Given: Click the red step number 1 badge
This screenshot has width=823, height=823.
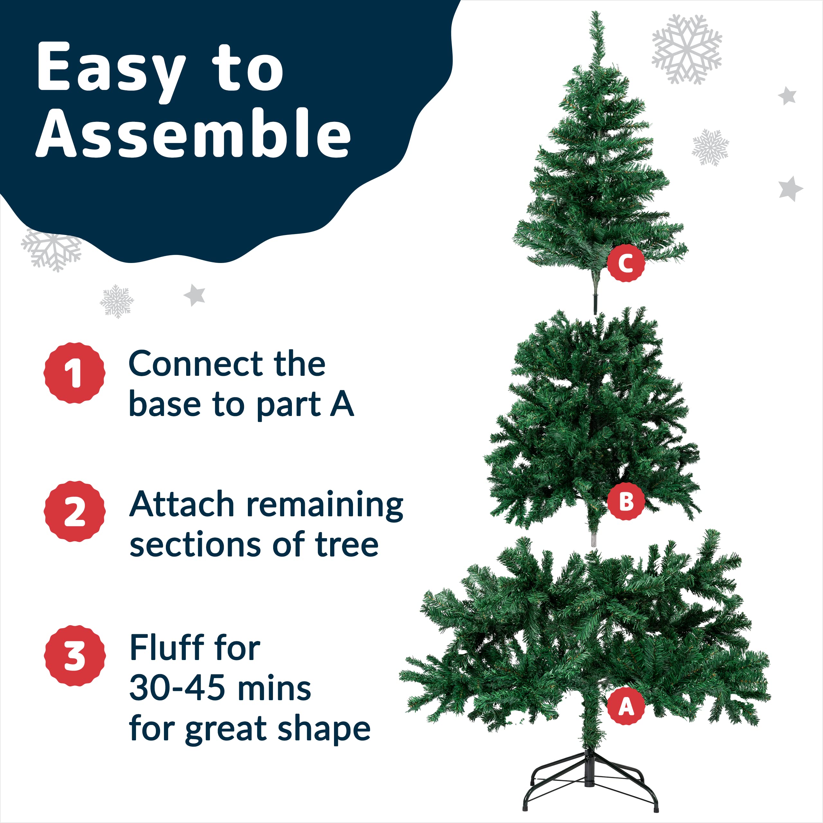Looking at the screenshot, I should pyautogui.click(x=75, y=373).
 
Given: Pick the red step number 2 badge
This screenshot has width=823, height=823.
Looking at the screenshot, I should pyautogui.click(x=75, y=511).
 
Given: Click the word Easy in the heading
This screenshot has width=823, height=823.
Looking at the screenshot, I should pyautogui.click(x=111, y=68).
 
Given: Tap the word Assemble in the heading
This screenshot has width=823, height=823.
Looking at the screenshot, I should pyautogui.click(x=194, y=133).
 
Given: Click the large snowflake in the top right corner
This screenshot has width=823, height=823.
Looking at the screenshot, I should pyautogui.click(x=687, y=49).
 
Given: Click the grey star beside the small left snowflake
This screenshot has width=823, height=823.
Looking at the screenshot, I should pyautogui.click(x=195, y=295).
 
